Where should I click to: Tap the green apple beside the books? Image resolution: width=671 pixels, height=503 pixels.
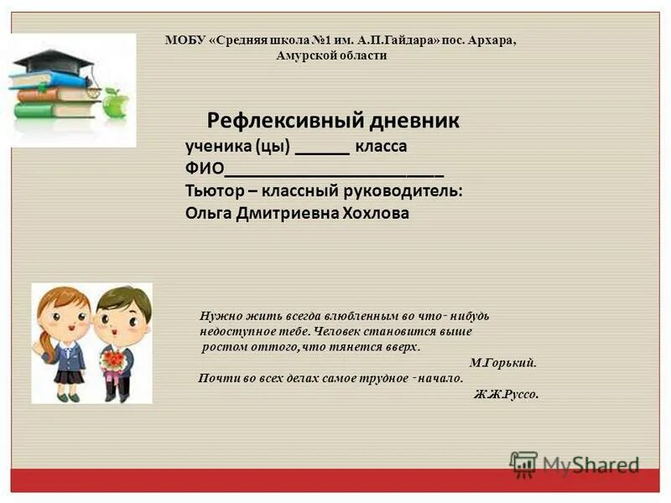(x=115, y=104)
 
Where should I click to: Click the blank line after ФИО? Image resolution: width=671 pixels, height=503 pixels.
(x=335, y=171)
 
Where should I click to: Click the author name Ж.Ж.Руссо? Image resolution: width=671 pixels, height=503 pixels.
(x=506, y=394)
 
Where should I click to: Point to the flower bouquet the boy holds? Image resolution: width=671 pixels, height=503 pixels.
(x=112, y=360)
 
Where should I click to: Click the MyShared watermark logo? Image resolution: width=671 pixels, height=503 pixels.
(x=575, y=464)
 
